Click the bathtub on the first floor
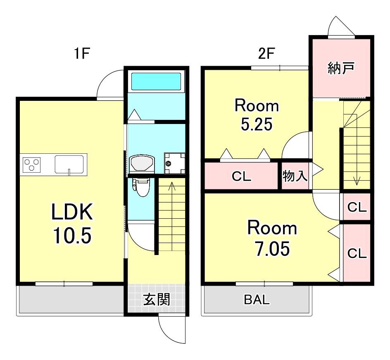tap(156, 81)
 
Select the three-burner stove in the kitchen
tap(31, 165)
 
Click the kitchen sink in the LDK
tap(69, 164)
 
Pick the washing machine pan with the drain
tap(175, 163)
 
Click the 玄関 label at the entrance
tap(157, 299)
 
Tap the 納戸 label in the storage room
tap(340, 68)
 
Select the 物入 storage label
tap(295, 176)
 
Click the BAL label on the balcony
tap(257, 300)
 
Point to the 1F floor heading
tap(81, 53)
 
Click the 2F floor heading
tap(266, 53)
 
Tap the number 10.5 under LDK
tap(72, 236)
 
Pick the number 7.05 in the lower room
tap(272, 248)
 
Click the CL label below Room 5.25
tap(241, 176)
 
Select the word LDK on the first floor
tap(72, 212)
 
